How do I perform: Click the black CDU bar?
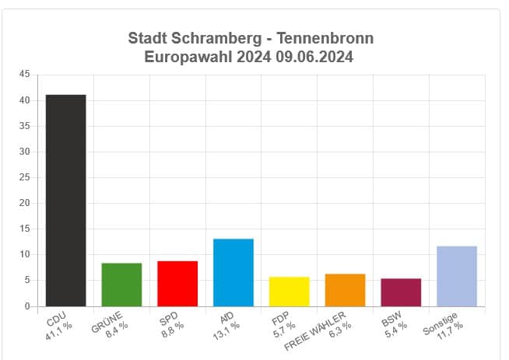click(65, 201)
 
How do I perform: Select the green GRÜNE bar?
click(121, 285)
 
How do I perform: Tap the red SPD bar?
click(177, 284)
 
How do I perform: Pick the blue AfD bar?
click(233, 272)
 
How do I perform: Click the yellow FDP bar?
click(289, 292)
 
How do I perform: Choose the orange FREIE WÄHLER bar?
click(345, 290)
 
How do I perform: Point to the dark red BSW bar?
click(401, 292)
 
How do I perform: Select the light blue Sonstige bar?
click(457, 276)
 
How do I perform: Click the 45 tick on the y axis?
click(25, 75)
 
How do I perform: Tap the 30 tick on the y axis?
click(25, 152)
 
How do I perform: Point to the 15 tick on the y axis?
click(25, 229)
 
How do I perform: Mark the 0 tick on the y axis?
click(27, 306)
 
